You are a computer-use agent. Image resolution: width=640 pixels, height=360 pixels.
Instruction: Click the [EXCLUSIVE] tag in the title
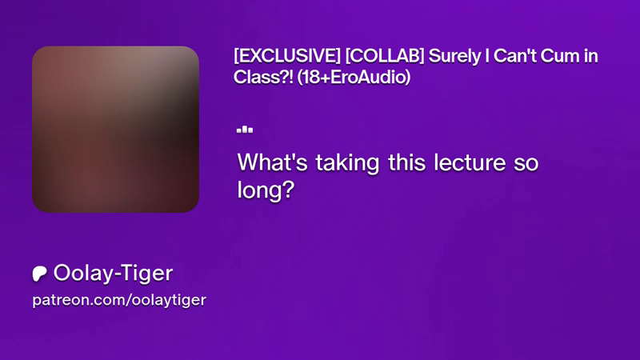287,56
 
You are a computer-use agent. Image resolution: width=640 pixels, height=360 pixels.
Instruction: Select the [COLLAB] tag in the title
385,56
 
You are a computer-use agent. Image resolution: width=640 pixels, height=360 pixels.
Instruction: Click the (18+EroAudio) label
354,77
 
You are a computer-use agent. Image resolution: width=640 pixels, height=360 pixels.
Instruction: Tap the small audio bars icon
245,130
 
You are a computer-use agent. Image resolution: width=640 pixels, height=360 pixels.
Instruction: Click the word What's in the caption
273,162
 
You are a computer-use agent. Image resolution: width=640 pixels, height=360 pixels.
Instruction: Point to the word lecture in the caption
470,162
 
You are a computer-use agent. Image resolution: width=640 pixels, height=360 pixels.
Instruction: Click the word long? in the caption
266,190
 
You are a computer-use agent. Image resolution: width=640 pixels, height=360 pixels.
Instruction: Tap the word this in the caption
406,162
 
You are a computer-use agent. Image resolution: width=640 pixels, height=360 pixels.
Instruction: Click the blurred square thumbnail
115,129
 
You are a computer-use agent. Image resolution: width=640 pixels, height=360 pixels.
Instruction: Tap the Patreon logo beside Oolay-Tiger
39,274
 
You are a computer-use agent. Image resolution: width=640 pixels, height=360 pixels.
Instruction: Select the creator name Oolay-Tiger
113,274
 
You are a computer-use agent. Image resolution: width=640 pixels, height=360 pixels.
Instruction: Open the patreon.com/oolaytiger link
119,301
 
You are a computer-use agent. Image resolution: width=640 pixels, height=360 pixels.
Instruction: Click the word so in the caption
526,163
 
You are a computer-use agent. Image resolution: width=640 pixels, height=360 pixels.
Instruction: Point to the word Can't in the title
515,56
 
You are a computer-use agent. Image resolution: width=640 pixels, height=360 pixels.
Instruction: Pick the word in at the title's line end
590,56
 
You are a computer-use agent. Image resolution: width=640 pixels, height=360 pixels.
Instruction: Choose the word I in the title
487,56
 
